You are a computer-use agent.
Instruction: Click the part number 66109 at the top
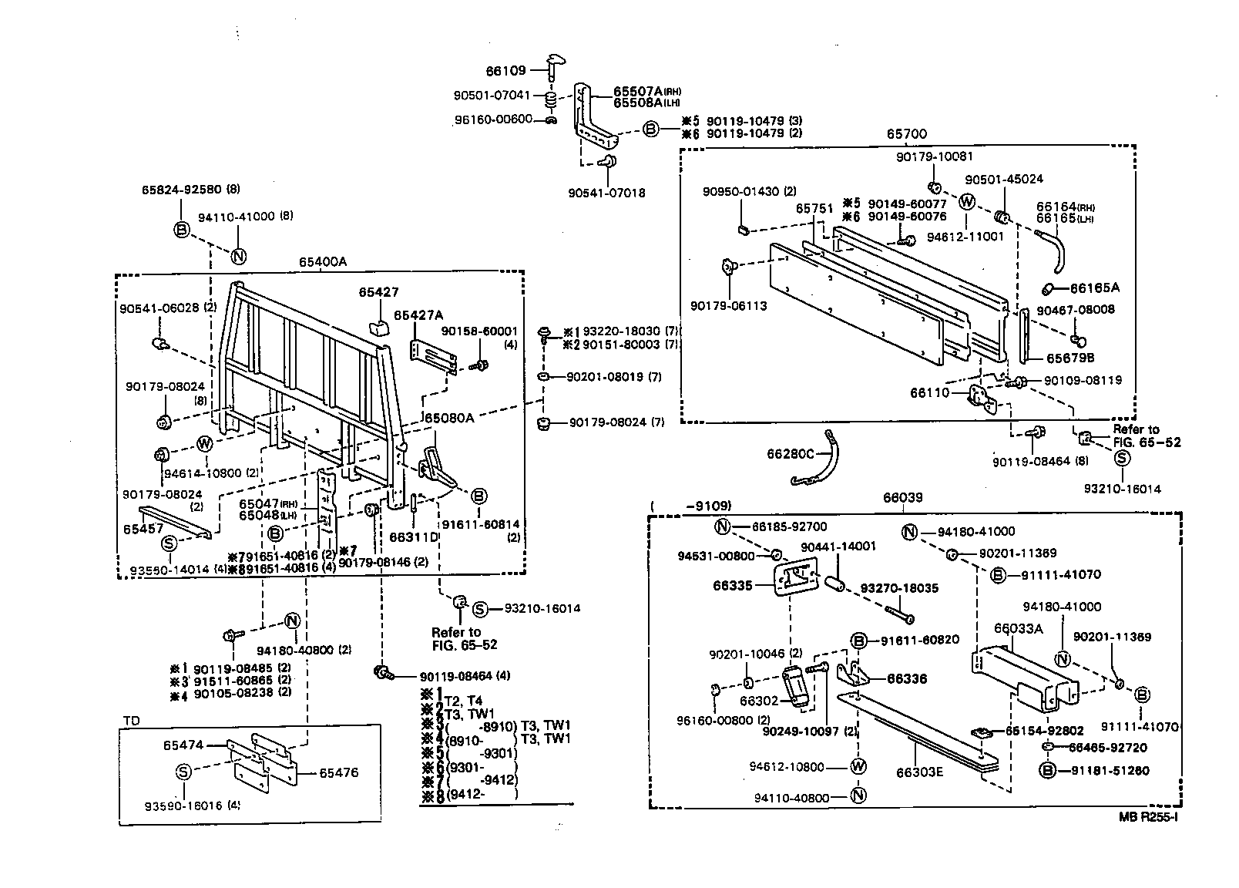click(505, 71)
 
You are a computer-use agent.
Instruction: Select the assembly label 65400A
click(323, 262)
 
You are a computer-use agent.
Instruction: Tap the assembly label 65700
click(906, 134)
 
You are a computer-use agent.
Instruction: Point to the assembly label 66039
click(902, 499)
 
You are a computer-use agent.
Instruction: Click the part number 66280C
click(790, 454)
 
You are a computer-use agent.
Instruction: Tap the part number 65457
click(143, 530)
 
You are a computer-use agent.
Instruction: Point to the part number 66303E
click(919, 772)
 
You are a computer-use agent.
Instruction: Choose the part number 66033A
click(1018, 628)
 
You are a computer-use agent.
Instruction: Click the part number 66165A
click(1094, 288)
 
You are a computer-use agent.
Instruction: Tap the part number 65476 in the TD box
click(339, 772)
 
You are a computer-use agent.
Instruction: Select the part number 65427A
click(418, 315)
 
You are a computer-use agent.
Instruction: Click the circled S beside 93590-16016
click(183, 772)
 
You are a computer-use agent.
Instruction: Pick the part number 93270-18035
click(899, 588)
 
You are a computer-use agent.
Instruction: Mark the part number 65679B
click(1070, 358)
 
